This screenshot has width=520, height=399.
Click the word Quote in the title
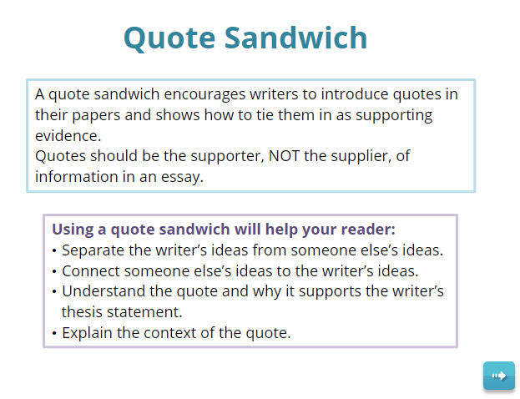(x=169, y=38)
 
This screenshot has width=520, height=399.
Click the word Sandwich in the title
(x=295, y=38)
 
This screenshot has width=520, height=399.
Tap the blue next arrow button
(x=499, y=376)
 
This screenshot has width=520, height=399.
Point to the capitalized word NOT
(x=285, y=156)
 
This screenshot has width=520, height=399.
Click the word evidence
(x=68, y=136)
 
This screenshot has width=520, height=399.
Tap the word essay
(x=182, y=177)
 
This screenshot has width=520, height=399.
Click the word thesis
(x=83, y=312)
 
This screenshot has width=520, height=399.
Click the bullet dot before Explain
(x=54, y=333)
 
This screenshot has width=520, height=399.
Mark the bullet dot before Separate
(x=54, y=250)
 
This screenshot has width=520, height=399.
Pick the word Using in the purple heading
(x=73, y=230)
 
